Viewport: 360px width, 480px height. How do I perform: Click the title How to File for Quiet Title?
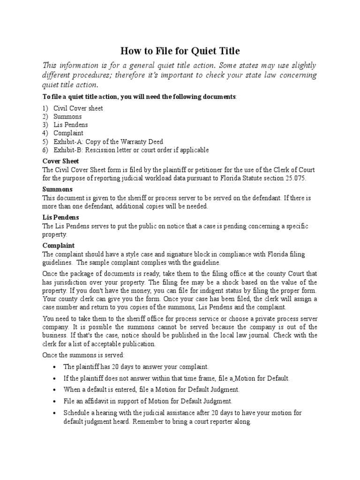pos(180,51)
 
